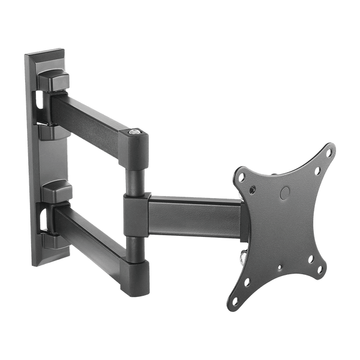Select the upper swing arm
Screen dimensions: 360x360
(x=90, y=114)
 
